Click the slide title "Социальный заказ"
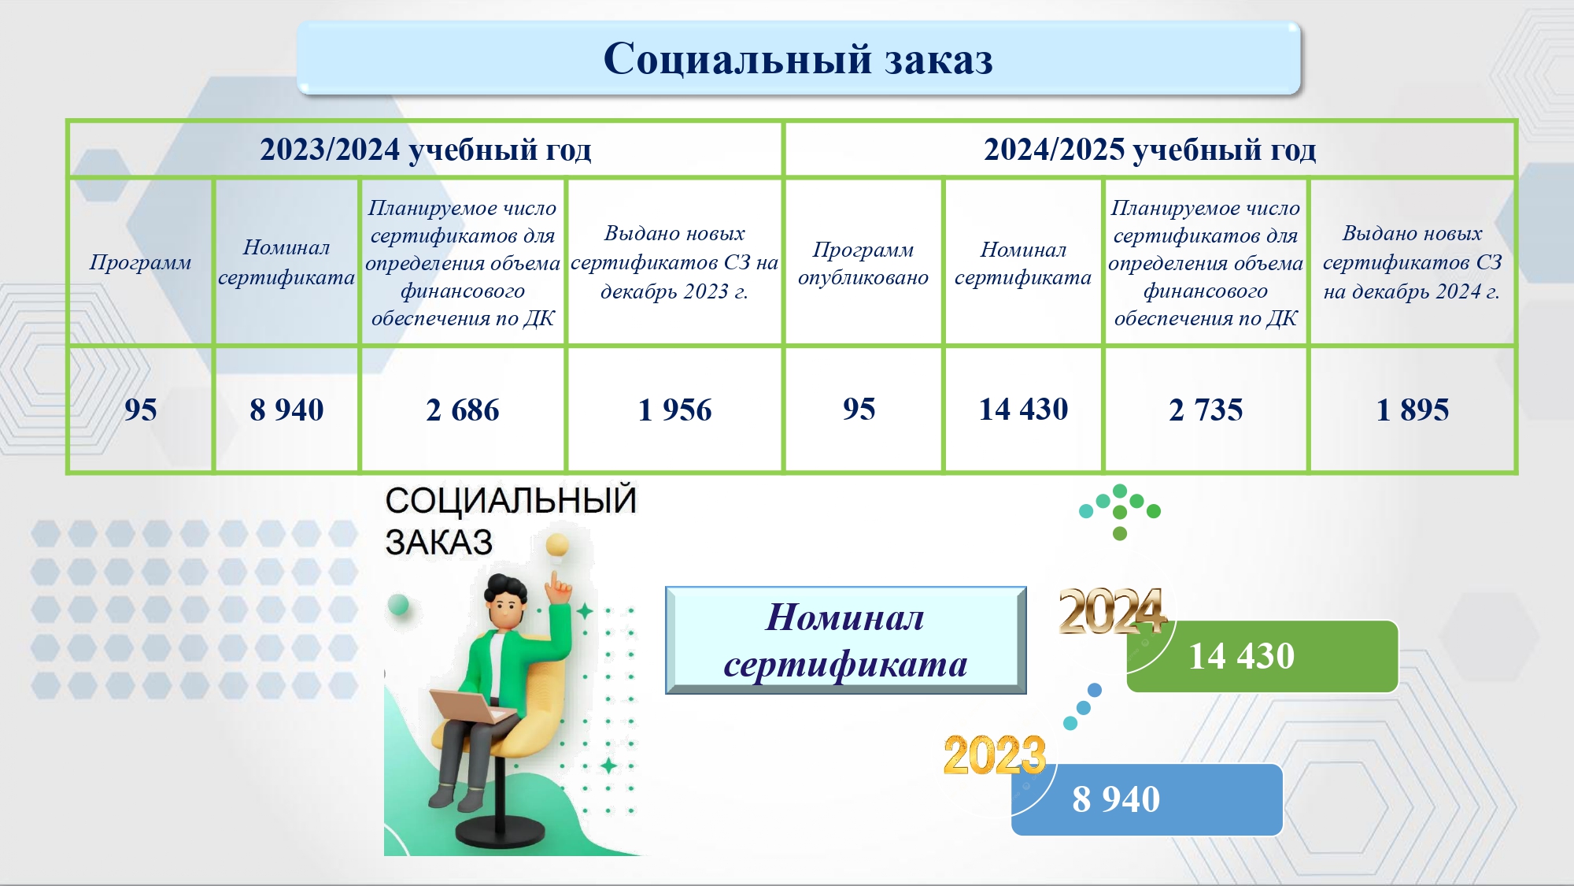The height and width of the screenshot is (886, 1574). pos(798,58)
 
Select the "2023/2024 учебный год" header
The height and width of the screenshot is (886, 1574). pos(425,149)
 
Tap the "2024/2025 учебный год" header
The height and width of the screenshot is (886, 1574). pos(1150,149)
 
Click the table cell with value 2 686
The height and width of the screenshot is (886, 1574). pos(463,410)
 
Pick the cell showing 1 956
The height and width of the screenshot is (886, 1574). pos(674,410)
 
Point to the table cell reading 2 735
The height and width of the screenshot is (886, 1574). pos(1206,410)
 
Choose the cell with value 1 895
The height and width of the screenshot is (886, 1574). pos(1412,410)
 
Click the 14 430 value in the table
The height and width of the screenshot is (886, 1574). pos(1023,409)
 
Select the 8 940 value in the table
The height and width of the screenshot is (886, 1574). pos(286,410)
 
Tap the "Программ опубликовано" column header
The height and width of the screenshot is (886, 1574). pos(863,263)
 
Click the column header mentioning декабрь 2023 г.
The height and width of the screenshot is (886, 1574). pos(674,262)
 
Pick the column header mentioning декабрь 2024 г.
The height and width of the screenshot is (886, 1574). pos(1412,262)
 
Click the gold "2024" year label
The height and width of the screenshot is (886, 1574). pos(1111,612)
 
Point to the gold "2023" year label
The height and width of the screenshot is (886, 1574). pos(995,754)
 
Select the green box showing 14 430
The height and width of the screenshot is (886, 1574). pos(1262,656)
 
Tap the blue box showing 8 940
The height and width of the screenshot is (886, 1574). pos(1147,799)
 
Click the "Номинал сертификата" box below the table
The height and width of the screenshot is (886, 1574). pos(846,640)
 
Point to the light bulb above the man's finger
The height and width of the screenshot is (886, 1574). pos(558,545)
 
